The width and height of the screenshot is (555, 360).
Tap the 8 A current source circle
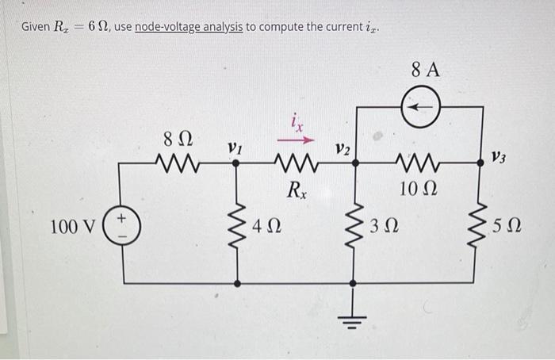tap(420, 105)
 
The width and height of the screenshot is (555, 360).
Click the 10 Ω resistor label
tap(419, 189)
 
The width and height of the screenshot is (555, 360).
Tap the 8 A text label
tap(425, 70)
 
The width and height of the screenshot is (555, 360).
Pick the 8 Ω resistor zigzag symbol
tap(176, 164)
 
